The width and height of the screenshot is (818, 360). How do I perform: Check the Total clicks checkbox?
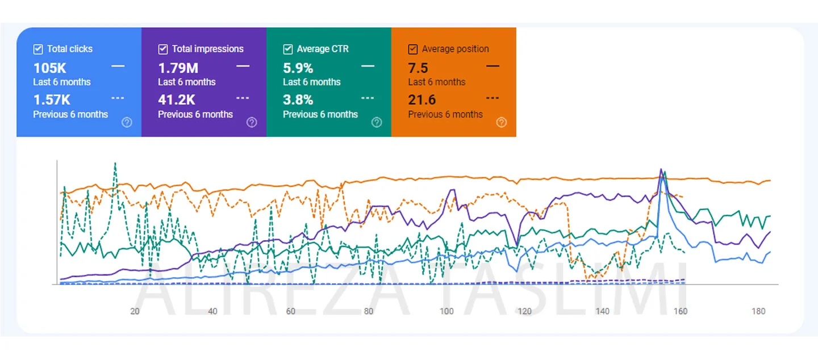click(38, 49)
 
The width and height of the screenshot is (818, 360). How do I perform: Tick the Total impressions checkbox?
click(163, 49)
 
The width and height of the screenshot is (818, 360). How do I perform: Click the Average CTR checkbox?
click(288, 49)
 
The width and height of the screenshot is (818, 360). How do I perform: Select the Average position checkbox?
click(413, 49)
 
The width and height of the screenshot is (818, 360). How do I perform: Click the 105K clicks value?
click(50, 68)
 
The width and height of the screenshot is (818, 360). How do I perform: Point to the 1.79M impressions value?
click(178, 68)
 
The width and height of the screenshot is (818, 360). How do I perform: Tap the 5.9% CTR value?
click(298, 68)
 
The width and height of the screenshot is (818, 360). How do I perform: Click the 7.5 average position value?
click(418, 68)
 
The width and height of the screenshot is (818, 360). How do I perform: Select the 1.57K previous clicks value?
click(52, 100)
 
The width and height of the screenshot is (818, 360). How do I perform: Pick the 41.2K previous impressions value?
click(177, 100)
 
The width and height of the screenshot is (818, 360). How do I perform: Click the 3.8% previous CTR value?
click(298, 100)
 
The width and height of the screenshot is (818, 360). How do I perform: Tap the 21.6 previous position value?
click(422, 100)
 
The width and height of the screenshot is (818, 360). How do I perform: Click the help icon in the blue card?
click(127, 122)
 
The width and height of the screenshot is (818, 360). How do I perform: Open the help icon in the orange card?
click(501, 122)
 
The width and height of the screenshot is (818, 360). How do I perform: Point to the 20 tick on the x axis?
click(135, 311)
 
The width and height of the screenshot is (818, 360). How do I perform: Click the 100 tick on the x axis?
click(447, 311)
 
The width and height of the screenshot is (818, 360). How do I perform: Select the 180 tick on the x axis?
click(758, 311)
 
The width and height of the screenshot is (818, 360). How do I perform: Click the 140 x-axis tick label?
click(603, 311)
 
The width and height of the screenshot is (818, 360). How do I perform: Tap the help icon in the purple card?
click(252, 122)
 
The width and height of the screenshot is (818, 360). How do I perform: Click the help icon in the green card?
click(376, 122)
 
